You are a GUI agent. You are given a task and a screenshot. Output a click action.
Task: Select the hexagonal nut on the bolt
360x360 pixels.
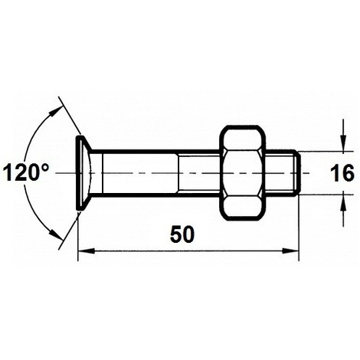[246, 173]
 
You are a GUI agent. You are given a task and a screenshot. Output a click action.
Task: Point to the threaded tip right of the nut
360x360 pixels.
[286, 173]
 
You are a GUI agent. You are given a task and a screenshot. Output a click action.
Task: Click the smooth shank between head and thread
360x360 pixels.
[142, 173]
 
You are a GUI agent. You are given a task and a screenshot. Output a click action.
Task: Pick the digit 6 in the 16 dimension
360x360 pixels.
[349, 173]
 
